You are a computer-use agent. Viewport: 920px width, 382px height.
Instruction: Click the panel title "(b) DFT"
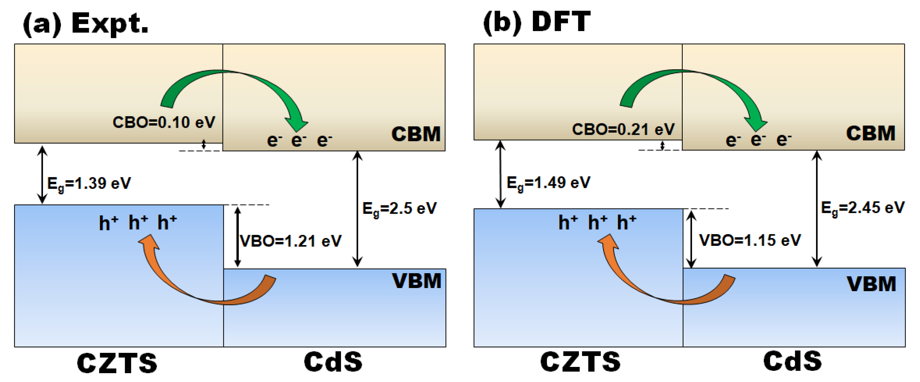[x=537, y=22]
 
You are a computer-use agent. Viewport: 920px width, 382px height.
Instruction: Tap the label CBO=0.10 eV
[x=164, y=123]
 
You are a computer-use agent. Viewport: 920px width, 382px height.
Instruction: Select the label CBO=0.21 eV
[x=623, y=129]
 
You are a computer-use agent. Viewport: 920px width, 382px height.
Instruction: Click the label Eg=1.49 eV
[x=549, y=183]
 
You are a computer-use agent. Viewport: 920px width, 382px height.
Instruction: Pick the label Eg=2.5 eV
[x=399, y=208]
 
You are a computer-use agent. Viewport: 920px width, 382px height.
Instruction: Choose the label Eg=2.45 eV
[x=863, y=208]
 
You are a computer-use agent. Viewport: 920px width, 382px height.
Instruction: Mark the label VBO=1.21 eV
[x=291, y=241]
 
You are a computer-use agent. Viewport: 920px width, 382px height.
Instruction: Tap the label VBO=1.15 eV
[x=750, y=240]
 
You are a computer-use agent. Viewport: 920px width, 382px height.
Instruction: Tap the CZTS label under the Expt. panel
[x=117, y=363]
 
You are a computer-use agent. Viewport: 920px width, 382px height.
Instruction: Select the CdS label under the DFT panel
[x=793, y=362]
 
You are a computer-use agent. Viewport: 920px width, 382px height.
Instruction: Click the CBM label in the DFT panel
[x=871, y=134]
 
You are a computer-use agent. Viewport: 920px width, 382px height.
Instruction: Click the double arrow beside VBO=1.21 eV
[x=238, y=237]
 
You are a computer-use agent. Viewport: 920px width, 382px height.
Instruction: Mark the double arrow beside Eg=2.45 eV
[x=817, y=209]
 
